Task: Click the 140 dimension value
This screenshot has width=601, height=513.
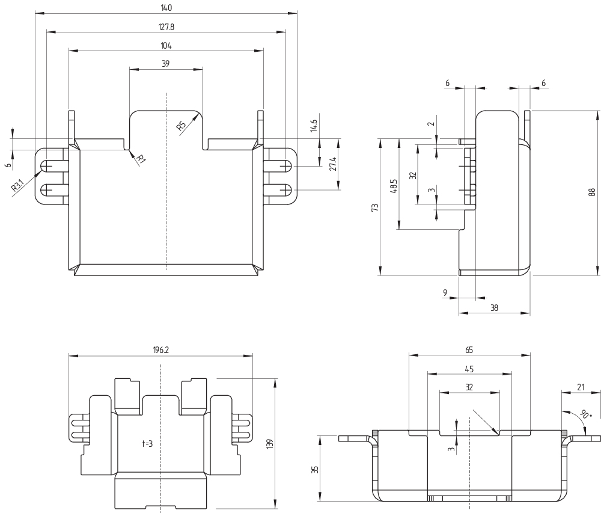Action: coord(166,8)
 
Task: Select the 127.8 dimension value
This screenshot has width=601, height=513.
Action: coord(166,26)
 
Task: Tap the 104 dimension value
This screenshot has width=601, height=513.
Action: coord(166,45)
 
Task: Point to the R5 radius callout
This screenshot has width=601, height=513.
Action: coord(181,126)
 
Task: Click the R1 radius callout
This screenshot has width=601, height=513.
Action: coord(140,159)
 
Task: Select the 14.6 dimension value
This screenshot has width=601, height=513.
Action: coord(314,127)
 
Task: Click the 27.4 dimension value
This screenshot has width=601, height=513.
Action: coord(332,165)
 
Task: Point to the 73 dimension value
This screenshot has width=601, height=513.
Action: coord(375,207)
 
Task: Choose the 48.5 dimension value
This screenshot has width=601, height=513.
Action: coord(394,184)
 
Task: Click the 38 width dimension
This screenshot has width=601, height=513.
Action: coord(494,307)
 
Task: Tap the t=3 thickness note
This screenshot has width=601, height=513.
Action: coord(148,443)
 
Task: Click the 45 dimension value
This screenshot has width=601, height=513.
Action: coord(469,369)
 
